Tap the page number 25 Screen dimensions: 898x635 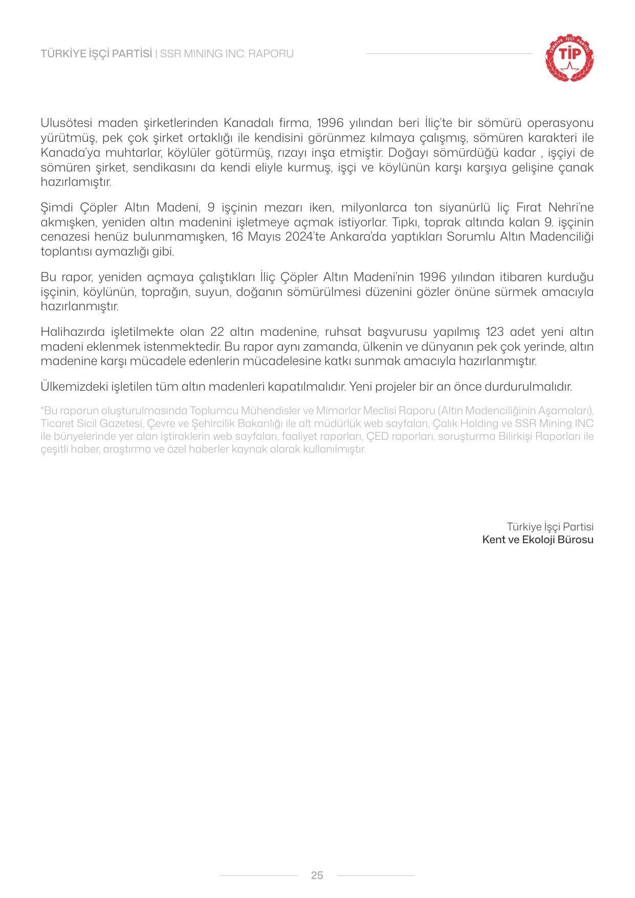coord(317,875)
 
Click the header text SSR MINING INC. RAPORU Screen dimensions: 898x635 coord(227,54)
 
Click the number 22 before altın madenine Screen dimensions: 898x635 coord(217,332)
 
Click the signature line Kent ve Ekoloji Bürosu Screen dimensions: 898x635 coord(538,540)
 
